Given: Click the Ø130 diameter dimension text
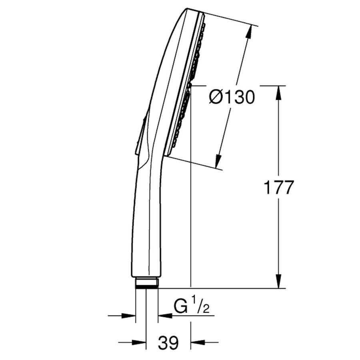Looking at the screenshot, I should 232,97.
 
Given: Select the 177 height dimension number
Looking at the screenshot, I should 279,188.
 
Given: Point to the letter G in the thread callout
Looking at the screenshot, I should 180,307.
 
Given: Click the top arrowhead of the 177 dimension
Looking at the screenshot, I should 279,92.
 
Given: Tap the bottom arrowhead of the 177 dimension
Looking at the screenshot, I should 279,282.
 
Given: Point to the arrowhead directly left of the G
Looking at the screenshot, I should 165,316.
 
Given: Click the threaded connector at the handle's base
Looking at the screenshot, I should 147,283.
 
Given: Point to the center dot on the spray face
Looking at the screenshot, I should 190,85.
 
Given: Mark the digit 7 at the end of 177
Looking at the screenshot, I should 288,188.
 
